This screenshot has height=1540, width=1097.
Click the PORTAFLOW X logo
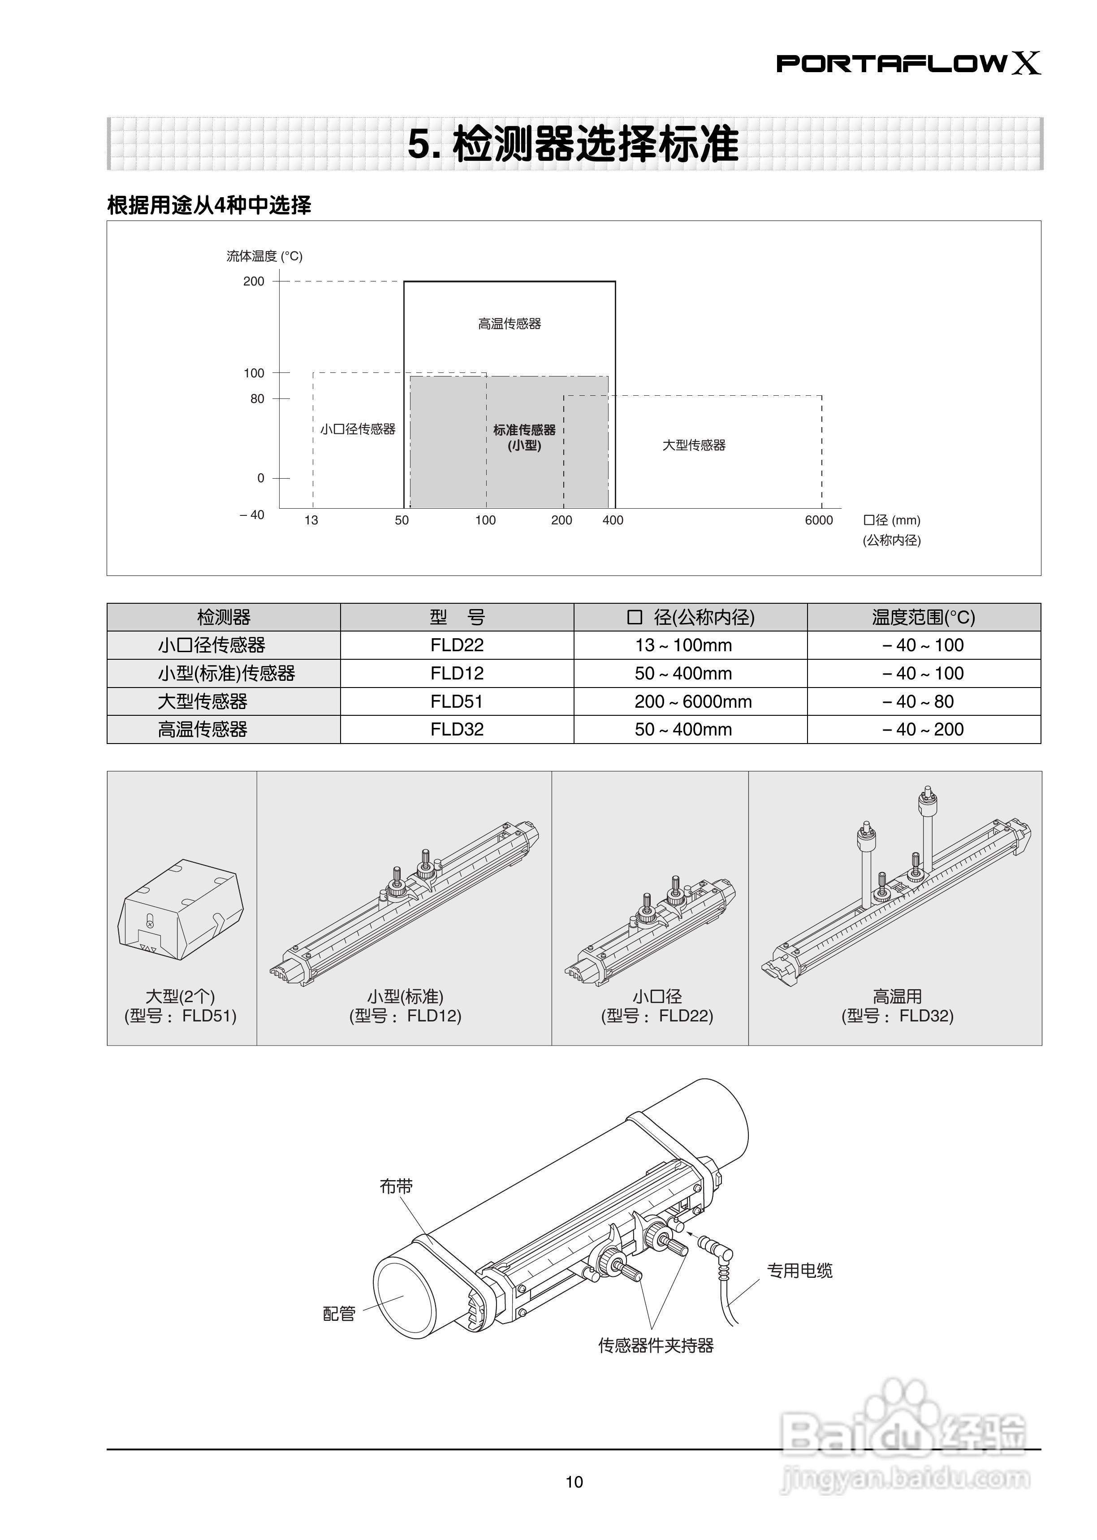click(x=908, y=64)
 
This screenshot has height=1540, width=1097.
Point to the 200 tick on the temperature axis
click(x=254, y=281)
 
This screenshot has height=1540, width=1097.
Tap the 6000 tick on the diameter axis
click(x=819, y=520)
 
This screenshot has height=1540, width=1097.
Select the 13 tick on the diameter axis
click(x=311, y=520)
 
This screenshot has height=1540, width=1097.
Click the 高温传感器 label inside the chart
click(x=510, y=324)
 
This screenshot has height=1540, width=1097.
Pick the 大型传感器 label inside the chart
click(x=694, y=445)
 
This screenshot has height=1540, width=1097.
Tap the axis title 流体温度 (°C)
click(x=264, y=256)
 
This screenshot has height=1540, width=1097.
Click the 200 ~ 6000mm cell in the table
click(x=693, y=702)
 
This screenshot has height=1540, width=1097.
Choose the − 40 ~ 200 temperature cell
click(x=923, y=730)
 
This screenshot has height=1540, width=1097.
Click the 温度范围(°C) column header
click(x=923, y=617)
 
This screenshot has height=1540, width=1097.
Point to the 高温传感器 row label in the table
click(x=203, y=730)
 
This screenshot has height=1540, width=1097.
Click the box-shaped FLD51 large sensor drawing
click(x=180, y=909)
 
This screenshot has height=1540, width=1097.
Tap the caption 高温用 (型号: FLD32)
click(x=897, y=1006)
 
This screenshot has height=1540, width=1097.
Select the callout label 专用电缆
click(x=799, y=1271)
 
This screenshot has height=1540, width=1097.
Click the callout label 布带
click(x=396, y=1186)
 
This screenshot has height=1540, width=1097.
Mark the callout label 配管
click(x=339, y=1314)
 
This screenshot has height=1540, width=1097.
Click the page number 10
click(x=574, y=1482)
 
